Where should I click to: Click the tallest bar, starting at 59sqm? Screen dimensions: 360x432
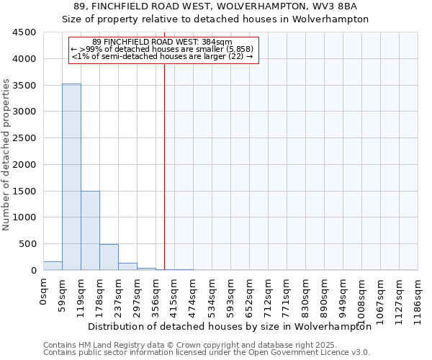tap(71, 176)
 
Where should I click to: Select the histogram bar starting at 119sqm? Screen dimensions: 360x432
tap(90, 230)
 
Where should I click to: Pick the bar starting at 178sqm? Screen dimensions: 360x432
tap(109, 257)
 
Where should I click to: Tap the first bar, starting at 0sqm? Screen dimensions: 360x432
tap(53, 266)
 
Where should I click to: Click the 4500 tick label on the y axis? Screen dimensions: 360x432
tap(24, 32)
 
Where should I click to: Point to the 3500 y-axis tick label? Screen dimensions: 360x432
tap(24, 85)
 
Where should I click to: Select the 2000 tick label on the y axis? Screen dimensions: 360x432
tap(24, 164)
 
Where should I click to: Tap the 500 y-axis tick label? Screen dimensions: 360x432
tap(27, 244)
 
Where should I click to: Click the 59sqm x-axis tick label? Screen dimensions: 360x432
tap(63, 293)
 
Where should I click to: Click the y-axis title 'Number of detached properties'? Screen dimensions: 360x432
tap(6, 155)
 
